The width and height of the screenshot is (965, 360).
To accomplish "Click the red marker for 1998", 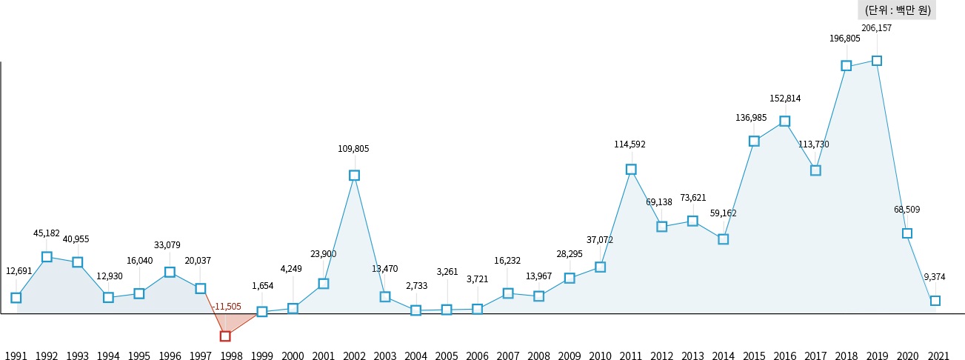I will point(225,336).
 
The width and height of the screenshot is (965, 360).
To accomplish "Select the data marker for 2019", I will point(877,61).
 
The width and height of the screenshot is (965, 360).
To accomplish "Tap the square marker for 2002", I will point(354,176).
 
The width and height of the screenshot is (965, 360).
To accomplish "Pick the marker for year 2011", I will point(631,170).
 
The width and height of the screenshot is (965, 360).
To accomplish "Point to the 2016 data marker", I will point(785,121).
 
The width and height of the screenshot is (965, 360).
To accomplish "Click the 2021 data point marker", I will point(935,301).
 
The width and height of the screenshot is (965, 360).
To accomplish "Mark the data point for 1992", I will point(47,257).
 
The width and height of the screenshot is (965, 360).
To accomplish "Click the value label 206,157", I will point(877,28).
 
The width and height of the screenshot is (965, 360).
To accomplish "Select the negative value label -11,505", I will point(226,306).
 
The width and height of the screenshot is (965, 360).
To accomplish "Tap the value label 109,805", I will point(353,148).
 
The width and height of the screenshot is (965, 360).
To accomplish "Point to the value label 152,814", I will point(785,98).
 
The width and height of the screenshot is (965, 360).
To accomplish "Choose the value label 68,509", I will point(906,210).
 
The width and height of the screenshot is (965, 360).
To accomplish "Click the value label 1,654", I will point(262,285).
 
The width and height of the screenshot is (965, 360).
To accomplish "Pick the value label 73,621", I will point(693,197).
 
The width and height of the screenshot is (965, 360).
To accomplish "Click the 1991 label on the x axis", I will point(16,356).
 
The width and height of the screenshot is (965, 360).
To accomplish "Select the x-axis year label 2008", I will point(538,356).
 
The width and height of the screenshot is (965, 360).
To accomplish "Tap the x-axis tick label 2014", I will point(723,356).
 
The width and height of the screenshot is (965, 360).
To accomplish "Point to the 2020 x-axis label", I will point(907,356).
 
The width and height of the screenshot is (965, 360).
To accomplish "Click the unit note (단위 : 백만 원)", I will point(897,10).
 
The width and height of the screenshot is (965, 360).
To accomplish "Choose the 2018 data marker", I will point(847,66).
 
